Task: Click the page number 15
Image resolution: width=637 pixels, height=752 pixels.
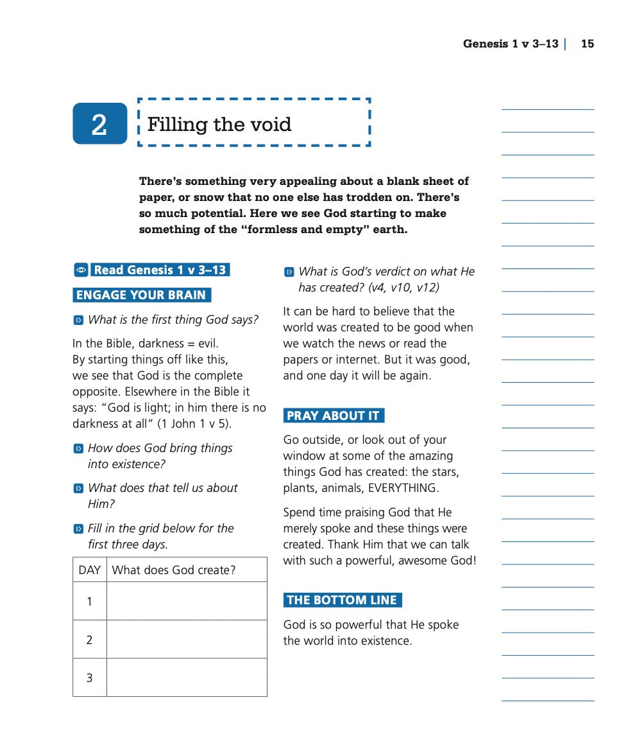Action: (587, 44)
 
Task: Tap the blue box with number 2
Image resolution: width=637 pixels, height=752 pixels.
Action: (99, 123)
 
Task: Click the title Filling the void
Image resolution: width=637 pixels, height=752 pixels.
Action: (219, 124)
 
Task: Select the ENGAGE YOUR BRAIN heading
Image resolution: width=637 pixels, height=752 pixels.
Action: (141, 295)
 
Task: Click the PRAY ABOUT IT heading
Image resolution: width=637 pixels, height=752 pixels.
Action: (333, 415)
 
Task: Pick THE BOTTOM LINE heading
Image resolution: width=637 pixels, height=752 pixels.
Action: (342, 600)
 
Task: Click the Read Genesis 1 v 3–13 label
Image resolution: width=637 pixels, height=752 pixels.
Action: (160, 270)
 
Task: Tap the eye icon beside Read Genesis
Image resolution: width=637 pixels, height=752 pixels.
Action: (80, 270)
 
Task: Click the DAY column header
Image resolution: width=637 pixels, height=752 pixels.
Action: (90, 570)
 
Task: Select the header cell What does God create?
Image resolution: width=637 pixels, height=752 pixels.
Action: (173, 570)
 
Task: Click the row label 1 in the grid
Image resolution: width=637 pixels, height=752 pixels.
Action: (89, 601)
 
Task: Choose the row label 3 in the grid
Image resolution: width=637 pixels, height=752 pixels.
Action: (89, 677)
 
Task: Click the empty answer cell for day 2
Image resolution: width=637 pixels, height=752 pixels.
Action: (186, 639)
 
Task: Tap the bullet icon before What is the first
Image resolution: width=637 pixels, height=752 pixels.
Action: (78, 320)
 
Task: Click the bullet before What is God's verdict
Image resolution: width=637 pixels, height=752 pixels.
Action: (289, 272)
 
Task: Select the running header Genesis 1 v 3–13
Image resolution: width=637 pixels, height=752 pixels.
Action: (511, 44)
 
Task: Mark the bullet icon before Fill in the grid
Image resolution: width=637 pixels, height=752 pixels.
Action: (78, 529)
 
